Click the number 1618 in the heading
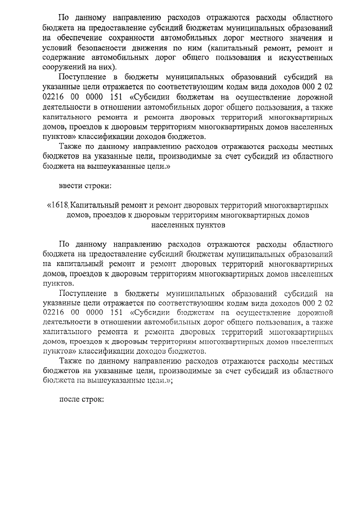point(60,206)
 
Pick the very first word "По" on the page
point(64,17)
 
